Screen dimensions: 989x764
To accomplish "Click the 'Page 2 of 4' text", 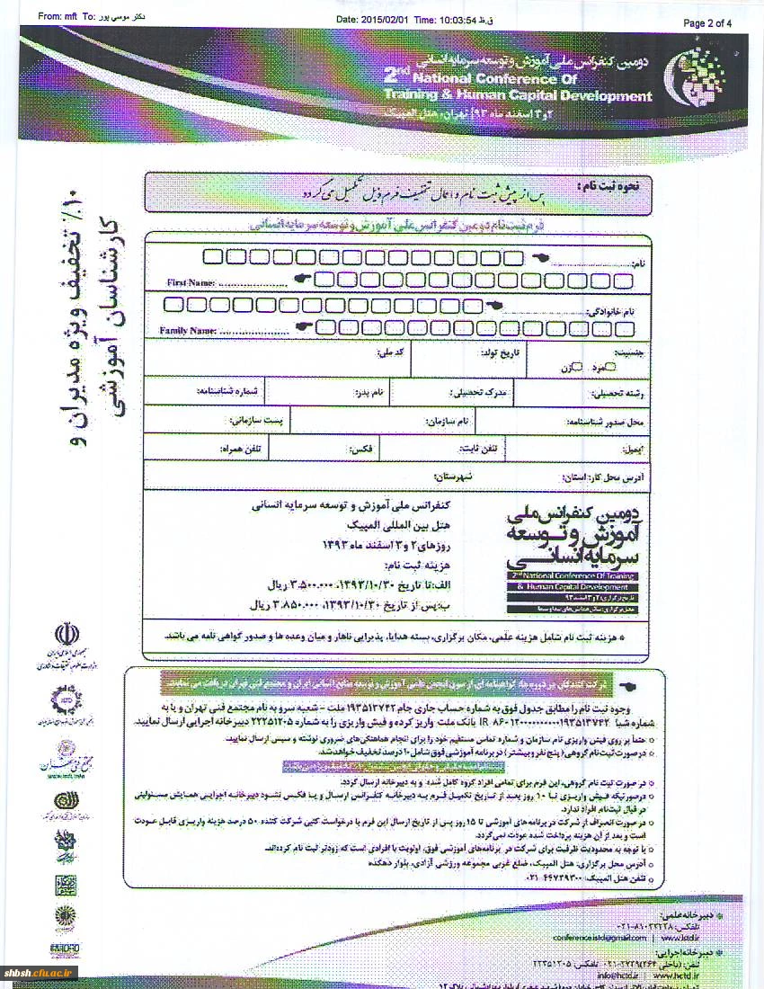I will tap(707, 23).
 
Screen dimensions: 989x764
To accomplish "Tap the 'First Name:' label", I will tap(191, 283).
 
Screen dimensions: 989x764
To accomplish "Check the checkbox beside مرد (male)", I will tap(611, 367).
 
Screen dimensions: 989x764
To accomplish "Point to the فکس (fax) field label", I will tap(369, 447).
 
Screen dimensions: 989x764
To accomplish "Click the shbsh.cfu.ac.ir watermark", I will tap(40, 972).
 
